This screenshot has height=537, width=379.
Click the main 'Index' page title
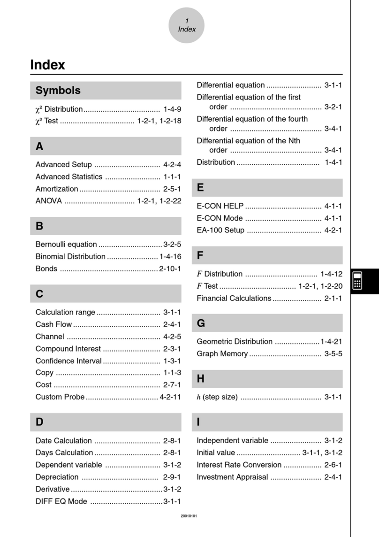click(x=47, y=65)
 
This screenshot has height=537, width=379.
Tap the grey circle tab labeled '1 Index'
click(x=187, y=25)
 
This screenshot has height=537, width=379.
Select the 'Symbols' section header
click(x=58, y=91)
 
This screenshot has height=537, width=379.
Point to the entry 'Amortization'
click(x=57, y=189)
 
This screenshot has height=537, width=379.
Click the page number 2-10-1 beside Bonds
click(x=170, y=269)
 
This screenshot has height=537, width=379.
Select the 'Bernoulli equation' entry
click(x=66, y=245)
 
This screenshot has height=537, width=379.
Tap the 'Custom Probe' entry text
click(x=60, y=397)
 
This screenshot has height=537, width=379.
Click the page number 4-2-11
click(x=170, y=397)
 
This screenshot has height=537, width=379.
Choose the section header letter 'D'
click(x=39, y=422)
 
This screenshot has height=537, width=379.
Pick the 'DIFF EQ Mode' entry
click(x=61, y=501)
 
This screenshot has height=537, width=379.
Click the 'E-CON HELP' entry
click(x=220, y=206)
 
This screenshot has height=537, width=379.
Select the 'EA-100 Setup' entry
click(x=220, y=230)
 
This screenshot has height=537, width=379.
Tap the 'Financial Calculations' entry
click(x=234, y=298)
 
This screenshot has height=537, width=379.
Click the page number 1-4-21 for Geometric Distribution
click(x=331, y=342)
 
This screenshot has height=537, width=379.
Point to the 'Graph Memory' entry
click(x=222, y=353)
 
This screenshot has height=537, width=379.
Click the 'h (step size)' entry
click(x=217, y=397)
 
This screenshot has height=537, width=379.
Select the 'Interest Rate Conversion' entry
click(x=239, y=465)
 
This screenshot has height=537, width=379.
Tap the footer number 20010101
click(x=189, y=516)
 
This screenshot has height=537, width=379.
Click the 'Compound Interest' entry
click(x=68, y=349)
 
